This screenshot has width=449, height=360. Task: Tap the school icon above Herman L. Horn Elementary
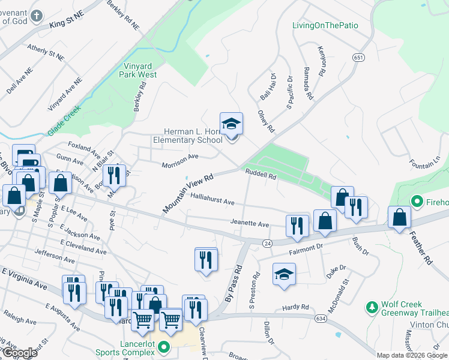(x=231, y=124)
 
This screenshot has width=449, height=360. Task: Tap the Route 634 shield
(x=321, y=318)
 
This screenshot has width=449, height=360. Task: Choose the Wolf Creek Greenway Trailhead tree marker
(x=372, y=308)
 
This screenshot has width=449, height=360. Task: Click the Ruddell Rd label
(x=261, y=175)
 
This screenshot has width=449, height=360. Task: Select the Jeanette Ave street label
(x=250, y=223)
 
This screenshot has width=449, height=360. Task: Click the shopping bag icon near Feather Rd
(x=399, y=217)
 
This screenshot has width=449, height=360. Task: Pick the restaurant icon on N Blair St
(x=114, y=176)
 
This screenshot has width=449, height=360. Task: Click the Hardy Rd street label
(x=295, y=308)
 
